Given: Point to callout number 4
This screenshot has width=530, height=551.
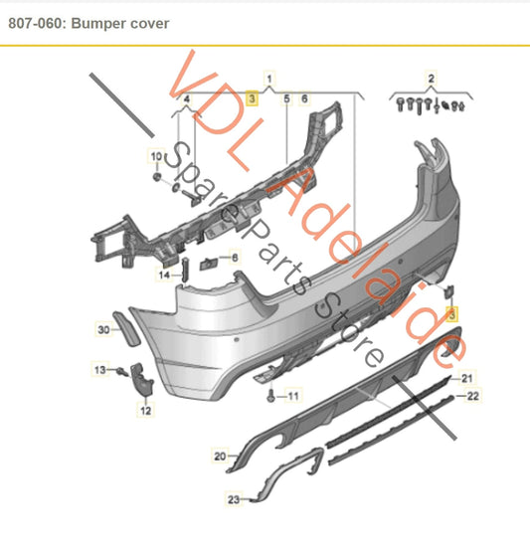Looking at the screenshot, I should (x=186, y=99).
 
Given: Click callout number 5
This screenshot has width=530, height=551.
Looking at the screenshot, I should (x=287, y=99).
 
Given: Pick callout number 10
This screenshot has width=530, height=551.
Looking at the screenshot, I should (x=155, y=157).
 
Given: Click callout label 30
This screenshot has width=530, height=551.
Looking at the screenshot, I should (x=104, y=328).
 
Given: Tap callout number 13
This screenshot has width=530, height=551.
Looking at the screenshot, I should (x=99, y=370).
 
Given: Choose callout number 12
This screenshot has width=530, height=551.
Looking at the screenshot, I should (x=145, y=409).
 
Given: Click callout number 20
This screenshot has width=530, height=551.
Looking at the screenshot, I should (x=220, y=457).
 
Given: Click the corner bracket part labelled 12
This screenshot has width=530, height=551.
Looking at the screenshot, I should (x=143, y=382).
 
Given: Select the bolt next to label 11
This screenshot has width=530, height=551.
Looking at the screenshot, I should (x=269, y=396).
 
